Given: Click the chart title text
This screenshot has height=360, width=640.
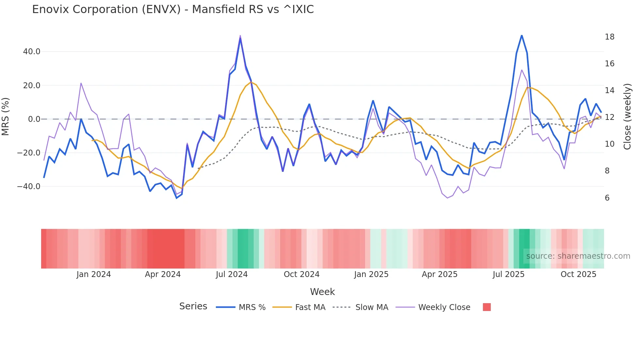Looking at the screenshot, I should (173, 9).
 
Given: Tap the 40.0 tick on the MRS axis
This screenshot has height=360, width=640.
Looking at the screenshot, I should (32, 52).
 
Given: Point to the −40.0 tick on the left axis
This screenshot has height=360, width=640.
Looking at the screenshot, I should (29, 187).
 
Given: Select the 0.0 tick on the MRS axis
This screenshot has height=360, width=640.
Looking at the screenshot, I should (34, 119).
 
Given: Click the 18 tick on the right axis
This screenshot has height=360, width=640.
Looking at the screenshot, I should (609, 37).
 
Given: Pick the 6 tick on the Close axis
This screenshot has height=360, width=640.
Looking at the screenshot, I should (607, 198).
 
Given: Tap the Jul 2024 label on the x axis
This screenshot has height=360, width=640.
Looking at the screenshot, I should (232, 274).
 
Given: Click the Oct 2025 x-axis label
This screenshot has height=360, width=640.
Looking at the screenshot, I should (578, 274).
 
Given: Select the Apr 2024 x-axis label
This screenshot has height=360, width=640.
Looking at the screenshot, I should (163, 274).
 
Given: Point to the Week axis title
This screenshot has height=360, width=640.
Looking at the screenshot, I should (322, 292).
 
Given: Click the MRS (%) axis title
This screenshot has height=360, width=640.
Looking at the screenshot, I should (6, 117).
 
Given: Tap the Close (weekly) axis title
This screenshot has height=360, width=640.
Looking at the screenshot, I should (627, 117).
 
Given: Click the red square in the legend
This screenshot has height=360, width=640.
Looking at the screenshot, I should (487, 307).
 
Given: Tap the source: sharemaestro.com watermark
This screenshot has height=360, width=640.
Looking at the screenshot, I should (578, 256).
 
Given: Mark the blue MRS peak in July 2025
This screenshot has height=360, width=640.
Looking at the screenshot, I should (521, 35).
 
